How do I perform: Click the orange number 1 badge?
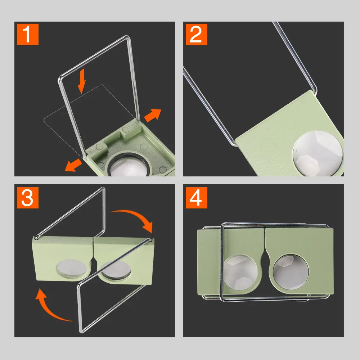(x=27, y=34)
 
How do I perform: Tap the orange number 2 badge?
(x=196, y=34)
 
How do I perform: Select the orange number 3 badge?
(x=27, y=197)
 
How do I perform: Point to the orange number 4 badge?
(x=196, y=197)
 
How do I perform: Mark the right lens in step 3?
(x=116, y=270)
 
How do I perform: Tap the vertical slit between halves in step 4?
(x=265, y=239)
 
